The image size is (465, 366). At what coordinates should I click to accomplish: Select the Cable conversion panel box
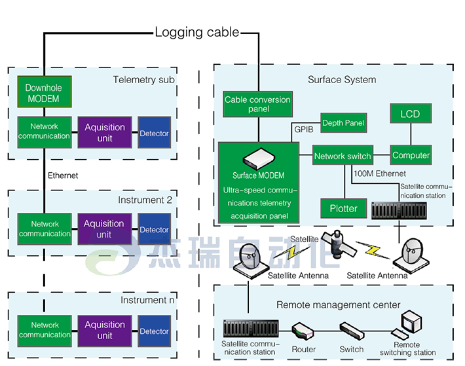pyautogui.click(x=257, y=104)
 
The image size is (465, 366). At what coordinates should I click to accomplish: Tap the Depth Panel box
pyautogui.click(x=344, y=123)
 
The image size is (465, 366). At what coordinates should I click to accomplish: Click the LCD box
pyautogui.click(x=410, y=114)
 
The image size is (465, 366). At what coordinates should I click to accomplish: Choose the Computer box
pyautogui.click(x=411, y=156)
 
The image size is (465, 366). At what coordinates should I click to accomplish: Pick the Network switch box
pyautogui.click(x=343, y=156)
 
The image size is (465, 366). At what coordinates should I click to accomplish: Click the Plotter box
pyautogui.click(x=344, y=208)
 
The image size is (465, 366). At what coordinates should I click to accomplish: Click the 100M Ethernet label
pyautogui.click(x=380, y=174)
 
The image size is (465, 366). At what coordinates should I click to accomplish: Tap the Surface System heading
pyautogui.click(x=342, y=80)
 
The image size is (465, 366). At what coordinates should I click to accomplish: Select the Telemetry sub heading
pyautogui.click(x=143, y=80)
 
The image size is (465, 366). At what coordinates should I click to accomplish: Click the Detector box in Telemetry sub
pyautogui.click(x=154, y=134)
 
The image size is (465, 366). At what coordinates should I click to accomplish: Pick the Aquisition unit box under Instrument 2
pyautogui.click(x=104, y=229)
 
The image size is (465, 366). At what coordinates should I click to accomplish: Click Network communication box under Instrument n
pyautogui.click(x=45, y=330)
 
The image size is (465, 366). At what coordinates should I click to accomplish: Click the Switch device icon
pyautogui.click(x=350, y=329)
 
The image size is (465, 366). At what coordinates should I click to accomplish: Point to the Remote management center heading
pyautogui.click(x=338, y=304)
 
